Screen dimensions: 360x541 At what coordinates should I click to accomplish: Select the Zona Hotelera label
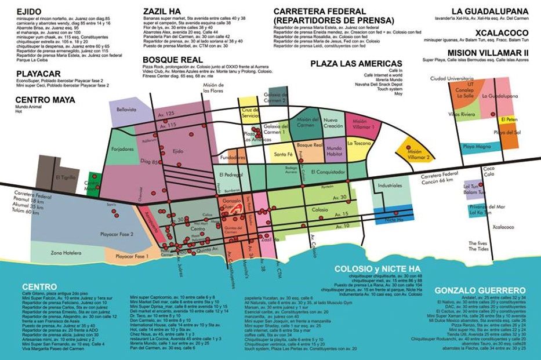tap(64, 253)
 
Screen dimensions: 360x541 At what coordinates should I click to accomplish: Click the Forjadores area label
tap(122, 149)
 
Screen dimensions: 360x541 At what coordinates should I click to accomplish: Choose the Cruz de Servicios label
tap(250, 112)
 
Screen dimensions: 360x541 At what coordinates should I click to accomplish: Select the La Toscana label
tap(358, 142)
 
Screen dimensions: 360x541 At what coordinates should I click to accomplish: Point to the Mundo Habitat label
tap(334, 151)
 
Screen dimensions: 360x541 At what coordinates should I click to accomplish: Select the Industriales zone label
tap(389, 186)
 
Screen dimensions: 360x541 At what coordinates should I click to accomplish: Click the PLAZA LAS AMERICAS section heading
tap(355, 63)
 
